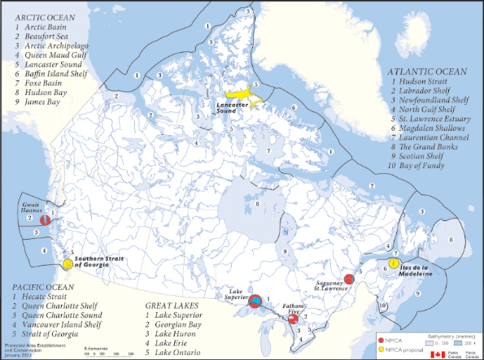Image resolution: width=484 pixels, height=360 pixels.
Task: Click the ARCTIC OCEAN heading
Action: [37, 16]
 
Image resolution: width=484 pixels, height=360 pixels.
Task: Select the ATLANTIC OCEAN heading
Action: [426, 71]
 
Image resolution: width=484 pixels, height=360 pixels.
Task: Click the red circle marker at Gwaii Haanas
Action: [46, 219]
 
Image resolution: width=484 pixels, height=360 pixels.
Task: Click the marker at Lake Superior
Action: [255, 301]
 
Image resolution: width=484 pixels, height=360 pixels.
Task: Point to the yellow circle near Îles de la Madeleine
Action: [394, 263]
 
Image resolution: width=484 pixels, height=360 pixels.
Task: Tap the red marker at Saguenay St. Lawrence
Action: [350, 280]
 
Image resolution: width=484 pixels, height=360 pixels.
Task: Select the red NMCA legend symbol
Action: [382, 339]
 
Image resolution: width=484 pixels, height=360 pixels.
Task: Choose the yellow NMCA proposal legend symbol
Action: [382, 349]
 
